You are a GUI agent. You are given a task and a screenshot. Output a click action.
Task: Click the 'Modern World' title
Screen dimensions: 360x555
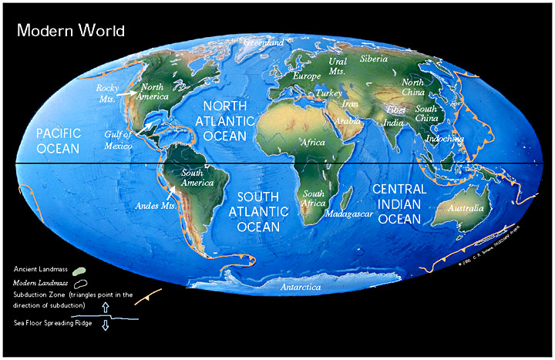[70, 30]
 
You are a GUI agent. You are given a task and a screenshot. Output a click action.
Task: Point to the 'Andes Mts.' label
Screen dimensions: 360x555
[151, 206]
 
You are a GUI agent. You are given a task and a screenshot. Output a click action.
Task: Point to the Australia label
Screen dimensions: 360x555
[466, 208]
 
